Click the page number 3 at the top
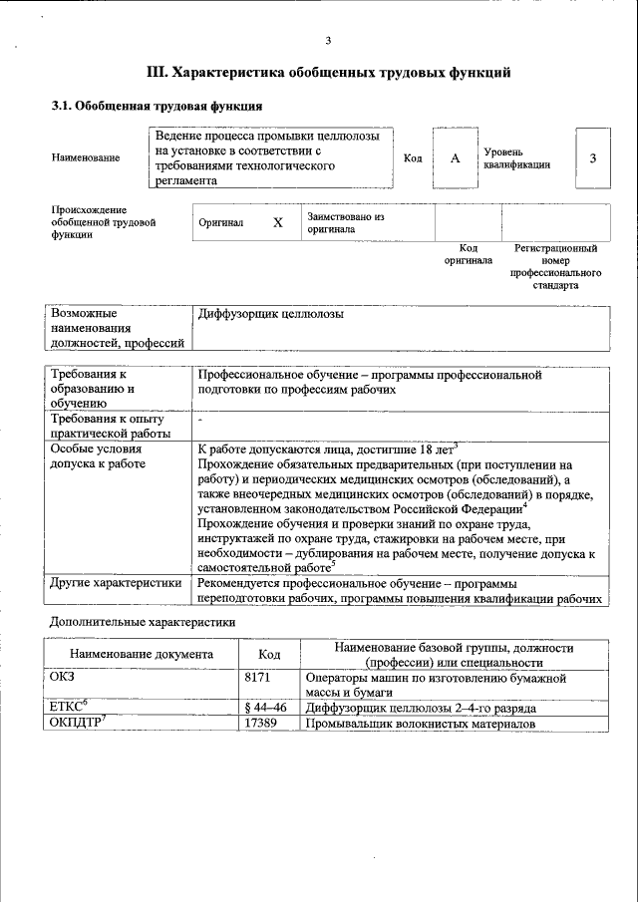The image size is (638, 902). coord(327,40)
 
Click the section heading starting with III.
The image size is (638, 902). coord(329,72)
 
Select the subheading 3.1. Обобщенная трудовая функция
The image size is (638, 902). coord(158,105)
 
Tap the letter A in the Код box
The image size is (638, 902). coord(455,158)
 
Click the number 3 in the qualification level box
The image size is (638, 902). coord(593,158)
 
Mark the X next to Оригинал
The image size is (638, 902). coord(278,223)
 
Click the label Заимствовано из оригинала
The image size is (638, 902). coord(345,222)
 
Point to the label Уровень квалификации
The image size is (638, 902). coord(516,157)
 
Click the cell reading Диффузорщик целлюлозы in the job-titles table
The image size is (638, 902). coord(271,314)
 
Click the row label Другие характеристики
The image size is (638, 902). coord(116,582)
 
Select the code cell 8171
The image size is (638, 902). coord(258,678)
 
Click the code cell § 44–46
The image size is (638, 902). coord(265,708)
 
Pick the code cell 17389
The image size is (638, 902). coord(261,724)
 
